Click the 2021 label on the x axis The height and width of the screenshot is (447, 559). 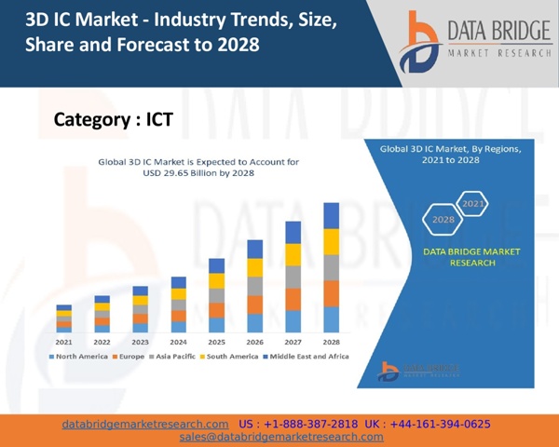click(63, 342)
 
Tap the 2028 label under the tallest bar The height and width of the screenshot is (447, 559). click(331, 342)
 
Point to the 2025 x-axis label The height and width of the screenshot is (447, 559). click(216, 342)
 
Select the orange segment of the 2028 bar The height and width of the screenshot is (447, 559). click(331, 293)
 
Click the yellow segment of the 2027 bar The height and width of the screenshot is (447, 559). click(293, 254)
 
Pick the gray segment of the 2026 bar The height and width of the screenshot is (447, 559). click(254, 286)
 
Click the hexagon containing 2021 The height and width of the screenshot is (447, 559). click(473, 203)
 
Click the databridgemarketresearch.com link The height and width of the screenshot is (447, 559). click(145, 424)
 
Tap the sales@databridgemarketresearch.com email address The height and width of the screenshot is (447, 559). click(281, 437)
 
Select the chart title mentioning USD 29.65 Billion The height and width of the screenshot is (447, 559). click(198, 168)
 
